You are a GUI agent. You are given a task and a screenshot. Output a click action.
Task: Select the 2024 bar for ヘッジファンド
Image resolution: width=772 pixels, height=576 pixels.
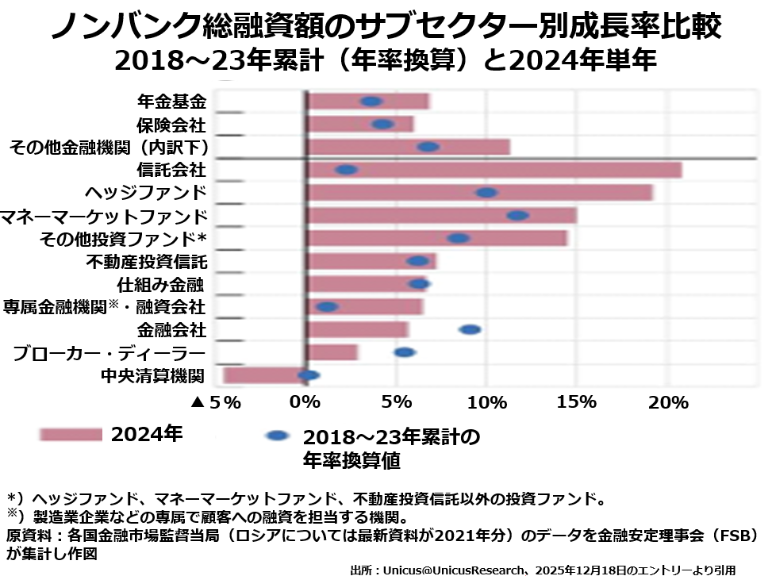click(479, 193)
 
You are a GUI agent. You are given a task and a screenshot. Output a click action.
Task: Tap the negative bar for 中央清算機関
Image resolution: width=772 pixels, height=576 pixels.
click(264, 375)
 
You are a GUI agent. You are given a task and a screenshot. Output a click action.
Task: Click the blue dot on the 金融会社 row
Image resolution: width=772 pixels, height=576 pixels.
click(470, 329)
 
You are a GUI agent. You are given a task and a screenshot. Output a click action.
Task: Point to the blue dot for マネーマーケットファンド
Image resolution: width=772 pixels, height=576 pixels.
click(517, 215)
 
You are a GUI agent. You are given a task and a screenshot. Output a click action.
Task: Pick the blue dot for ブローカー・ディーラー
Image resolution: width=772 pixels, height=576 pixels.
click(405, 352)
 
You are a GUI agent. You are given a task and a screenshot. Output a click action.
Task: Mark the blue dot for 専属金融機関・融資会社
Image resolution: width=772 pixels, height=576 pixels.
click(327, 306)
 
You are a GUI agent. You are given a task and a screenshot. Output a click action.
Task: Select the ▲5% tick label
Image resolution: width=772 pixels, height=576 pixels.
click(216, 402)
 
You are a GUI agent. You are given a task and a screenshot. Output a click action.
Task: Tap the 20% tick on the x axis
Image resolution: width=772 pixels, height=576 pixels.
click(667, 402)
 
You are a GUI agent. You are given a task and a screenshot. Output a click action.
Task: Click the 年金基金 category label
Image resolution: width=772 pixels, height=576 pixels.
click(171, 102)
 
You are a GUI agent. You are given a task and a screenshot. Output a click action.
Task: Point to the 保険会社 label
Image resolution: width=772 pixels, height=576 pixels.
click(171, 125)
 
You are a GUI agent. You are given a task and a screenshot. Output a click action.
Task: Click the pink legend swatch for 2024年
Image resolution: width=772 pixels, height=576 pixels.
click(71, 435)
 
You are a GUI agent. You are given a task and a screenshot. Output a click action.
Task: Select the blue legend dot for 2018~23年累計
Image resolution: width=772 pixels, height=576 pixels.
click(277, 436)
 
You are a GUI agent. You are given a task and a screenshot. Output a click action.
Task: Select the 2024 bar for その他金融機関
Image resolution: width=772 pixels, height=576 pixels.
click(408, 147)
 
